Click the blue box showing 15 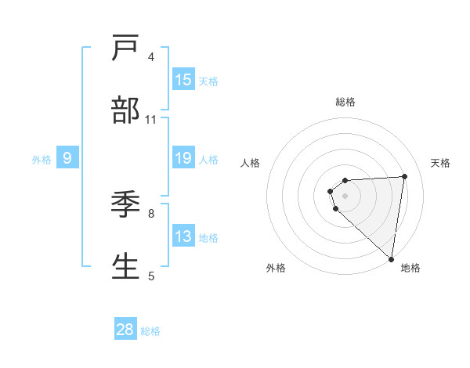click(183, 80)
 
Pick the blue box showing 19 click(183, 159)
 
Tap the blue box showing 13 click(183, 236)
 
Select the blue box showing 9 click(67, 159)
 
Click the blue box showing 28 click(125, 330)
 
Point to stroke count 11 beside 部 click(151, 120)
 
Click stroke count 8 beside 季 click(151, 212)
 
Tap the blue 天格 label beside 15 click(208, 81)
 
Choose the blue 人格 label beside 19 click(208, 160)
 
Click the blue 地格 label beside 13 click(208, 237)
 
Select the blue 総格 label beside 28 click(150, 330)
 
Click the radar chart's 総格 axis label click(345, 102)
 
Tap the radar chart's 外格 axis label click(276, 268)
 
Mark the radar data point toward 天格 click(404, 176)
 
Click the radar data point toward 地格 click(392, 258)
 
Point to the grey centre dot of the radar click(345, 194)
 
